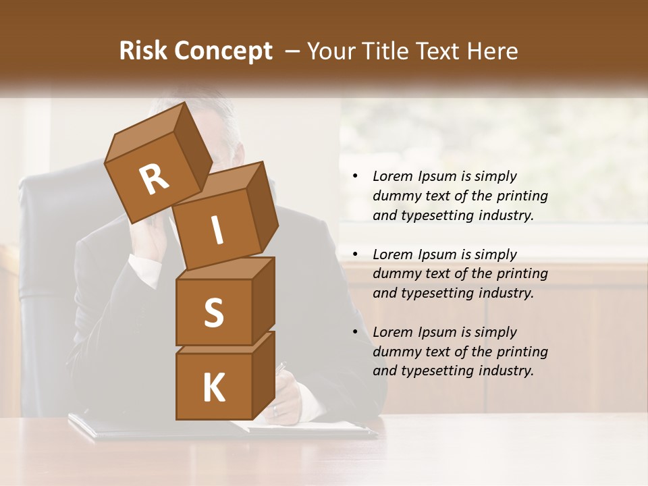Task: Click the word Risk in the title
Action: [143, 51]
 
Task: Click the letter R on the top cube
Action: [154, 180]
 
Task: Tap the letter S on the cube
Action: [213, 313]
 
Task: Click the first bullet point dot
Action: [355, 177]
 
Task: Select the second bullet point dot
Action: [355, 254]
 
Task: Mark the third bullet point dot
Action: [355, 332]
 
